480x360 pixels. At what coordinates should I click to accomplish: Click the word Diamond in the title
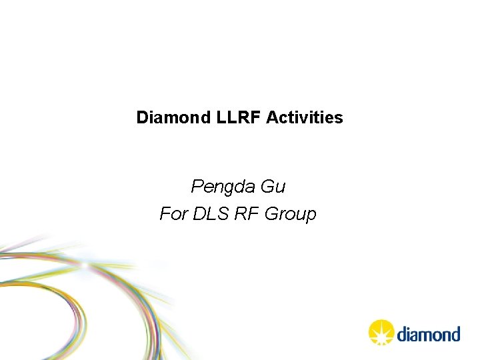174,118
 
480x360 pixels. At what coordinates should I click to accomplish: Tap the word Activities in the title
305,118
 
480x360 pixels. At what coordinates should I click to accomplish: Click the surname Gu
273,187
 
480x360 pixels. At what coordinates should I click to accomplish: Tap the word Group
291,215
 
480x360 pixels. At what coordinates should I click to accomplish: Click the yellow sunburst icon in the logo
382,333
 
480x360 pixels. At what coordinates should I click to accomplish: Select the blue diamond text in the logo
429,333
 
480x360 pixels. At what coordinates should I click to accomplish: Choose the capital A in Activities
272,118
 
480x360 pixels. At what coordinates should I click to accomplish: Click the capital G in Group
271,214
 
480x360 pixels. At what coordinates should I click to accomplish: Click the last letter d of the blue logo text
455,333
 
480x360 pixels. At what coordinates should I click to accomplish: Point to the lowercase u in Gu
281,188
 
